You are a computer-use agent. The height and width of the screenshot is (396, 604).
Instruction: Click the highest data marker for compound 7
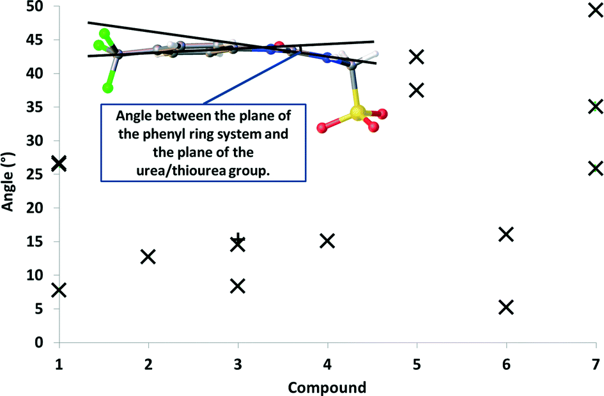coord(596,10)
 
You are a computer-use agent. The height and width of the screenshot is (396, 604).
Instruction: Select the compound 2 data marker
coord(148,256)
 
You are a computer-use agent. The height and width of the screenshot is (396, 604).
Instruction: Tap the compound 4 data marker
coord(327,241)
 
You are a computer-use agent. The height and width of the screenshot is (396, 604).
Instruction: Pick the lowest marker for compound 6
coord(506,307)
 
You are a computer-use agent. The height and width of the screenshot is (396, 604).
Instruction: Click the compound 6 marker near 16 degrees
coord(506,234)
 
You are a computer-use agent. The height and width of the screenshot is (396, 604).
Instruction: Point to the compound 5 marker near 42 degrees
coord(417,57)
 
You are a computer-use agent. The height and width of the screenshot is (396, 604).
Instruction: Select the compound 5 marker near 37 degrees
coord(417,91)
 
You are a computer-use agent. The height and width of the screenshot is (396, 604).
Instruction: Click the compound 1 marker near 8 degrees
coord(59,290)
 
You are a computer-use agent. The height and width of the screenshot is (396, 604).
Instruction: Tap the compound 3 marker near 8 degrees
coord(238,286)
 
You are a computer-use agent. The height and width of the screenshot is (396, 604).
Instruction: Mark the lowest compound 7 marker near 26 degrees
coord(596,168)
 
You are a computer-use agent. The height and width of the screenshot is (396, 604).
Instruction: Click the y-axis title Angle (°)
coord(8,181)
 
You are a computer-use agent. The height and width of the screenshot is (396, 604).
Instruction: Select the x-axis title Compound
coord(327,388)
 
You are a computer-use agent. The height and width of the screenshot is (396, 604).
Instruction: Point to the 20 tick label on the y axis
coord(35,208)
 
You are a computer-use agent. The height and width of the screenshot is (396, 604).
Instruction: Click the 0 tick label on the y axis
coord(39,342)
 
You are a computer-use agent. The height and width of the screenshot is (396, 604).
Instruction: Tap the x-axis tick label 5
coord(417,364)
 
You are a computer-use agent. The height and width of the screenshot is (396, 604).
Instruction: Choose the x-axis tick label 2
coord(148,364)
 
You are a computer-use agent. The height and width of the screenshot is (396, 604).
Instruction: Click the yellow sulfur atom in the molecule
coord(357,113)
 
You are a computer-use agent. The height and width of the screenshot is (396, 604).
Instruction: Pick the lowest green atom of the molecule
coord(108,88)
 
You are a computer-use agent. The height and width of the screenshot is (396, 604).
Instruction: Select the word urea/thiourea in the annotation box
coord(181,171)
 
